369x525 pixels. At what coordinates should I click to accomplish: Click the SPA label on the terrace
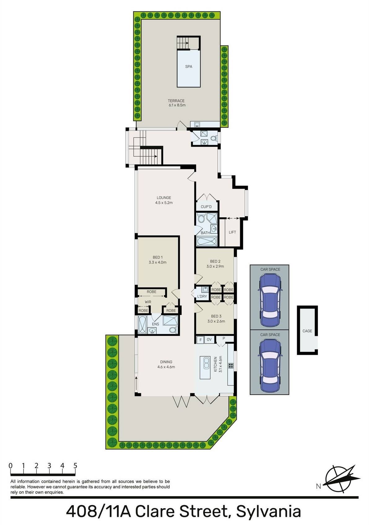click(x=188, y=67)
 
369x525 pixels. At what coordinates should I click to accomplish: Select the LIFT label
click(x=232, y=232)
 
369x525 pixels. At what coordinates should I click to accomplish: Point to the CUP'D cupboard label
click(x=206, y=207)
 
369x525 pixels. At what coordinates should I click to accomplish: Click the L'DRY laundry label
click(x=202, y=296)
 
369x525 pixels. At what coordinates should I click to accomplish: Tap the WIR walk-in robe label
click(x=148, y=302)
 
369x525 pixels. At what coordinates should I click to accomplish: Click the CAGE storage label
click(x=307, y=331)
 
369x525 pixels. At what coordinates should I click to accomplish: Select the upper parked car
click(x=270, y=300)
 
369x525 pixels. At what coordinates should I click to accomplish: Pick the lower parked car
click(x=270, y=365)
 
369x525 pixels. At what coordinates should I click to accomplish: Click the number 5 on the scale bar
click(x=75, y=465)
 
